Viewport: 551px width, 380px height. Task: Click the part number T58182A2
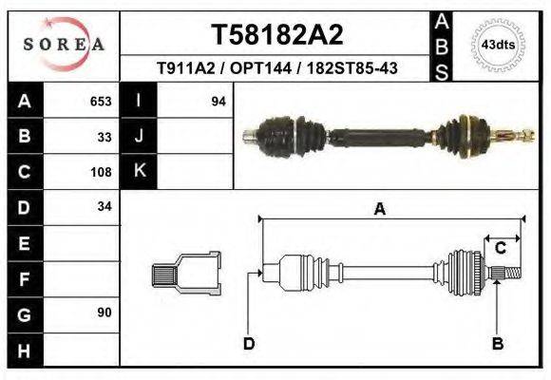[x=276, y=36]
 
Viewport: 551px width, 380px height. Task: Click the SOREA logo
[x=63, y=45]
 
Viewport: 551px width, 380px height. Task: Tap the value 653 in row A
[x=101, y=102]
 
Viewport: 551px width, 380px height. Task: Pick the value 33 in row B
[x=104, y=137]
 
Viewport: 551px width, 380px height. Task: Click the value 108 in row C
[x=101, y=173]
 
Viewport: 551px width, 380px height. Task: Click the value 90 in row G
[x=104, y=313]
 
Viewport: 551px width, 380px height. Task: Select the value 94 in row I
[x=218, y=102]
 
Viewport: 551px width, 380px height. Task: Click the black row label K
[x=139, y=172]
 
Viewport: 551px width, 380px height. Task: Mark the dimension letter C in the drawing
[x=500, y=249]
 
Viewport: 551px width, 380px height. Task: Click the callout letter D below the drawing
[x=249, y=343]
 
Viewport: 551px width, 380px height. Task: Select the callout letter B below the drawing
[x=497, y=343]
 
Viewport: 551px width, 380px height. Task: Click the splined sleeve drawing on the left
[x=185, y=274]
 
